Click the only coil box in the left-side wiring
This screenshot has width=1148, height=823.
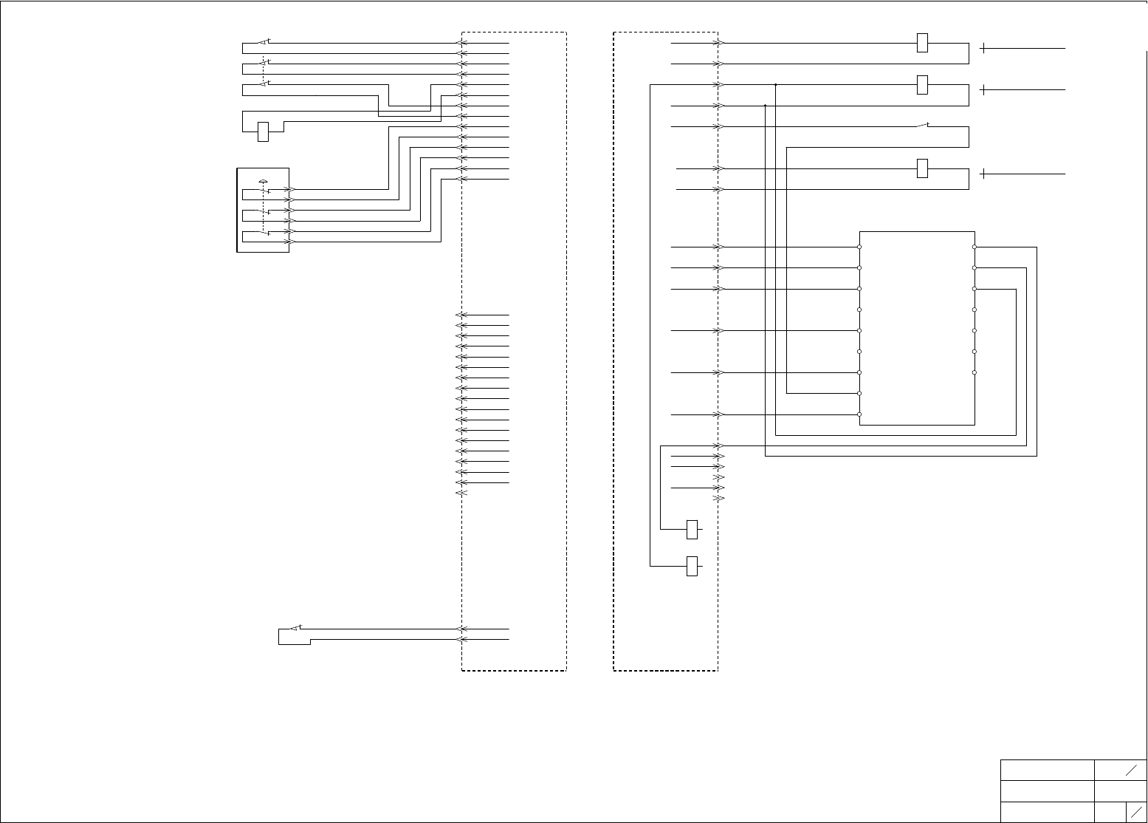(x=263, y=132)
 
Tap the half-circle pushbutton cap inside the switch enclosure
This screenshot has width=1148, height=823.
(x=263, y=181)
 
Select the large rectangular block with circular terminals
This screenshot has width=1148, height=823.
(x=917, y=327)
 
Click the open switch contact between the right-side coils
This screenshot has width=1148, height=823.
(x=922, y=126)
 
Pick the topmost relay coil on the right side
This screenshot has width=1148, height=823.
(x=922, y=43)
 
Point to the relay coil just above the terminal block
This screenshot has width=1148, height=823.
(x=922, y=168)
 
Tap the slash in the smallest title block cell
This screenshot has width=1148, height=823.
(x=1136, y=811)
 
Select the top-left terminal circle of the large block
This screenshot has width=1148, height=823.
(x=859, y=247)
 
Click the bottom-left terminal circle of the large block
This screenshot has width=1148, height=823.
(x=859, y=414)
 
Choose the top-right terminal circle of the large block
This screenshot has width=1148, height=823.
(x=975, y=247)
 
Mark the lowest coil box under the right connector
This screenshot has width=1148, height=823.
(x=692, y=566)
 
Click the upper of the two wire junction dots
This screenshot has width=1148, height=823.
(x=776, y=85)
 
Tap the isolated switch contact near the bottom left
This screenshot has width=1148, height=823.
(x=295, y=628)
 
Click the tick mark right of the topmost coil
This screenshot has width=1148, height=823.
(x=984, y=48)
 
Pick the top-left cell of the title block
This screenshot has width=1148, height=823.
(x=1047, y=770)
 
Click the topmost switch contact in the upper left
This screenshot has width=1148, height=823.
(x=264, y=41)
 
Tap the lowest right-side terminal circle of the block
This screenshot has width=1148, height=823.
(x=975, y=372)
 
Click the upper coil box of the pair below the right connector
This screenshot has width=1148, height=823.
(x=692, y=529)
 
